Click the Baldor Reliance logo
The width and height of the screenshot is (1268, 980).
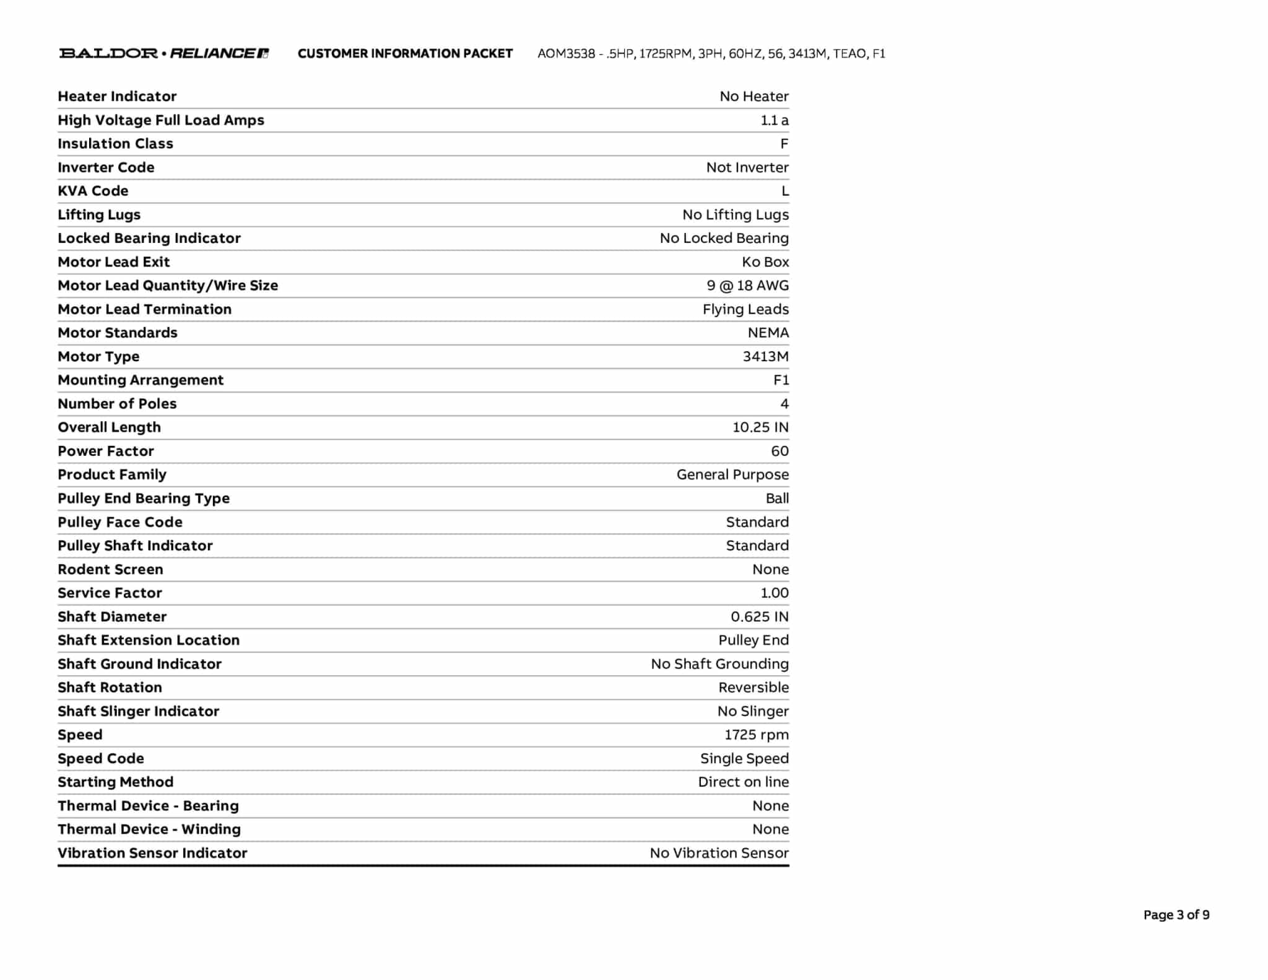(x=163, y=53)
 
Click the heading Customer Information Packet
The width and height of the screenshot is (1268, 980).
(x=405, y=54)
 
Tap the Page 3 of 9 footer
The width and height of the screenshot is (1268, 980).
(x=1176, y=915)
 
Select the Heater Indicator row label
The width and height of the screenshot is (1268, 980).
(x=117, y=97)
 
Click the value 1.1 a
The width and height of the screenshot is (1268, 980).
(x=774, y=120)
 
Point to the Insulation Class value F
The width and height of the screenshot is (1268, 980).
(x=784, y=144)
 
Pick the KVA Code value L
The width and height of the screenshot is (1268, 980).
(x=784, y=191)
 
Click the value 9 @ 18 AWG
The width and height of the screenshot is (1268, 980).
(x=747, y=286)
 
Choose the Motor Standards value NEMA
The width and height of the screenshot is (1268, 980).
(x=768, y=333)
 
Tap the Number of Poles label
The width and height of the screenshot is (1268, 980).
(x=117, y=404)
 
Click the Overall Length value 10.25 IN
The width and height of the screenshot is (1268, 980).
(x=760, y=427)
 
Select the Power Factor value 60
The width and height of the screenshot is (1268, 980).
(x=779, y=451)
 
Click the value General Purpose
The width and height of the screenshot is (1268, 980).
(x=732, y=475)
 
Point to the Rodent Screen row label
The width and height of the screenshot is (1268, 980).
(x=110, y=569)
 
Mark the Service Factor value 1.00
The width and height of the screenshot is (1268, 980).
(x=774, y=593)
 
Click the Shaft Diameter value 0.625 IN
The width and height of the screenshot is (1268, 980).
(x=759, y=617)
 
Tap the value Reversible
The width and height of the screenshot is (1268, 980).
(x=753, y=688)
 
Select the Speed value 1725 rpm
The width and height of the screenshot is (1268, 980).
(x=757, y=735)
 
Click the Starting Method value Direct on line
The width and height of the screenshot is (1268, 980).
(x=743, y=782)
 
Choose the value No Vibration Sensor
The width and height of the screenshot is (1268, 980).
(x=719, y=853)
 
